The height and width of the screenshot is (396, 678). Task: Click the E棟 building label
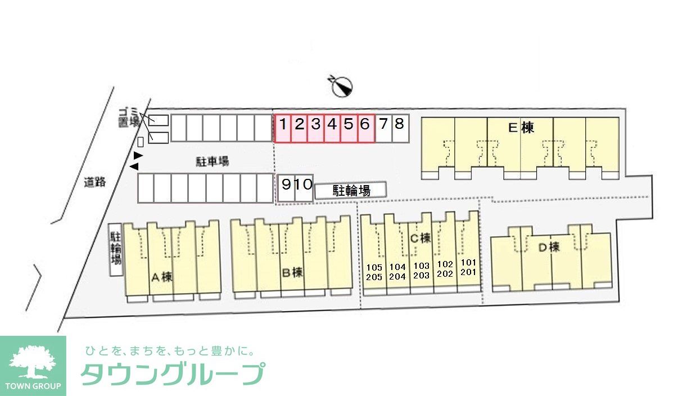point(520,128)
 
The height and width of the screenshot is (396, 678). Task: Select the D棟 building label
point(548,246)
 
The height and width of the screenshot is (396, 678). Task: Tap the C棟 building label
point(420,238)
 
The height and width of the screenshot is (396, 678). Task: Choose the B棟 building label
point(292,273)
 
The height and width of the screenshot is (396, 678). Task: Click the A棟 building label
point(161,277)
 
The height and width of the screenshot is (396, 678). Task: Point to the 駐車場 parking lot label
point(212,162)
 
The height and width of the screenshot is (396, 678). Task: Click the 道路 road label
point(94,182)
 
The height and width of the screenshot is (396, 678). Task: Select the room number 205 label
point(374,277)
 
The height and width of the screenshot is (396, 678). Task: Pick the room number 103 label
point(421,266)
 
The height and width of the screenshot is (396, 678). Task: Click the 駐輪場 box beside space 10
point(351,191)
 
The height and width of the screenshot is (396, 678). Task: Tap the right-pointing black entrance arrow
point(138,155)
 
